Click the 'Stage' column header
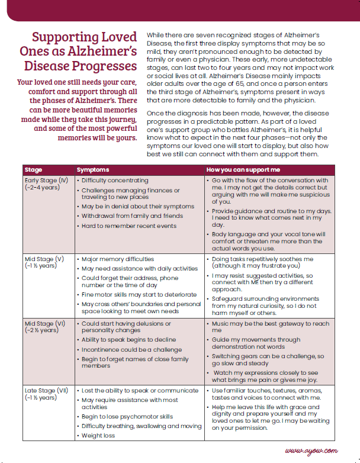(x=34, y=170)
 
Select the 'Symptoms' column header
(x=93, y=170)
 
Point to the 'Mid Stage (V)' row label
(x=44, y=259)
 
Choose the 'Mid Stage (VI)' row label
(x=45, y=324)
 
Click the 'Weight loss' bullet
(x=98, y=436)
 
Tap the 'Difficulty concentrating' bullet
(x=115, y=180)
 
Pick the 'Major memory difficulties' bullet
(x=117, y=259)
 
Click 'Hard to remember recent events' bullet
(x=128, y=226)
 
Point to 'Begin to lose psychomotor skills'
(x=127, y=417)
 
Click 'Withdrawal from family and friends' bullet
(x=132, y=216)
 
